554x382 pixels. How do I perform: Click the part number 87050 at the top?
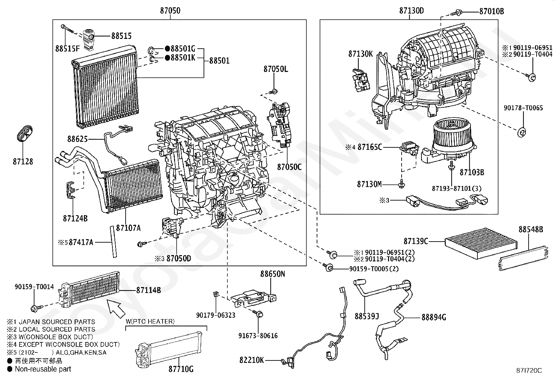[170, 11]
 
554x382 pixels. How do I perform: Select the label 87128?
[23, 162]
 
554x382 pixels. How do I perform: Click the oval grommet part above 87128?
[25, 133]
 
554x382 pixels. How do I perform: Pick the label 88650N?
[272, 274]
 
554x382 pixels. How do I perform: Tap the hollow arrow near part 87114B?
[116, 309]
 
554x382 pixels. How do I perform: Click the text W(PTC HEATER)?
[150, 322]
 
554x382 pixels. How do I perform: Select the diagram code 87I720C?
[529, 371]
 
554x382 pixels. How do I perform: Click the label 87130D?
[411, 11]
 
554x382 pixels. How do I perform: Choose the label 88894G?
[434, 317]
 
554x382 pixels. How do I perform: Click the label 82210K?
[252, 360]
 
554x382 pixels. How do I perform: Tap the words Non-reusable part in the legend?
[43, 369]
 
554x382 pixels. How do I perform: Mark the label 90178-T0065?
[523, 108]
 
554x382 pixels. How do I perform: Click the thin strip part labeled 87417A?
[113, 242]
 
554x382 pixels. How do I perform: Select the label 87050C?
[290, 167]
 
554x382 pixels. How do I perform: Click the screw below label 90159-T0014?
[35, 308]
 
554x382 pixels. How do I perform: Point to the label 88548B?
[531, 229]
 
